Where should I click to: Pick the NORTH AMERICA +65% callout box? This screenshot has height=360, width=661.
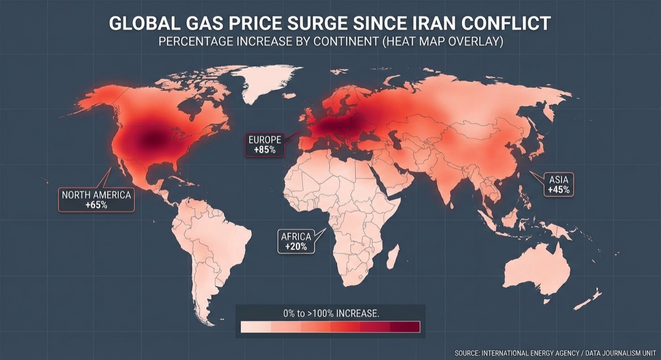[96, 199]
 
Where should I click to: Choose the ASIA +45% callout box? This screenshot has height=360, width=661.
[559, 184]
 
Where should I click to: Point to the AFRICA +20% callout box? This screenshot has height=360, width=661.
[296, 242]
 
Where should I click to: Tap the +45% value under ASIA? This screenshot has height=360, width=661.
[559, 189]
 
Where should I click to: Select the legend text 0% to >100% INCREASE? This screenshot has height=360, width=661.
[330, 313]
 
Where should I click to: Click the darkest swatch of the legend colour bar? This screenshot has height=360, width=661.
[405, 327]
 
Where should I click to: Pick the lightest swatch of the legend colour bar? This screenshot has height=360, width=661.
[256, 327]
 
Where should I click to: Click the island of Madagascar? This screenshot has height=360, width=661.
[392, 257]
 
